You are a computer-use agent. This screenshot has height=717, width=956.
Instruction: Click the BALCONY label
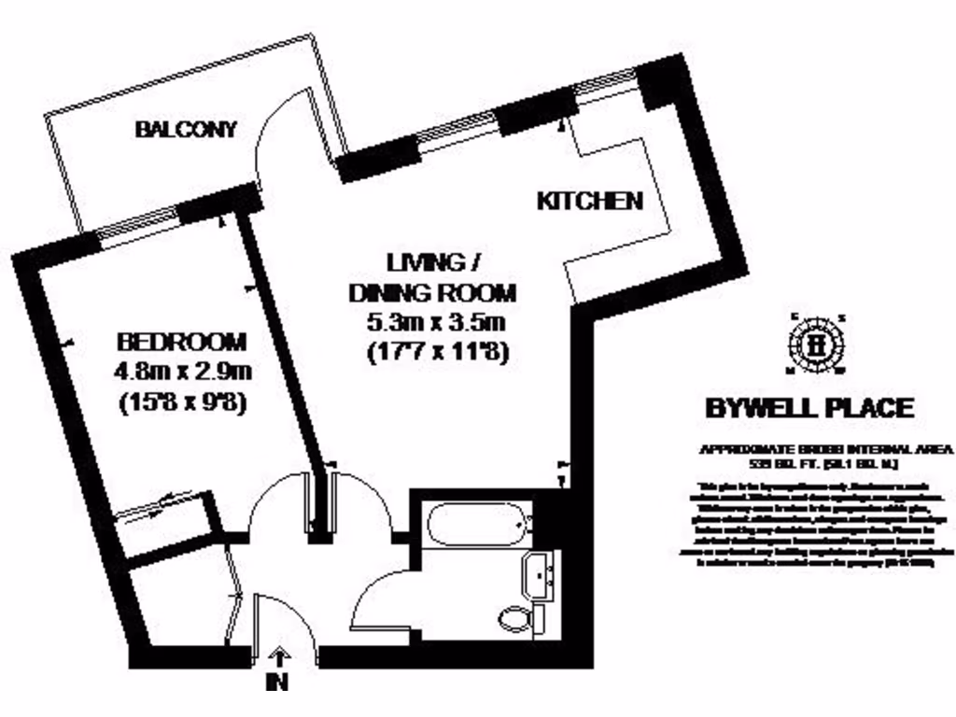[187, 129]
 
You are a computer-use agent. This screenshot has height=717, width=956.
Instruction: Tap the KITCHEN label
[590, 200]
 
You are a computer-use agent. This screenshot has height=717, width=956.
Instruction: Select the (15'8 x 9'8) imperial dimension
[183, 404]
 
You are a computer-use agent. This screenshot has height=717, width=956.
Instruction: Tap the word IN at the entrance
[277, 682]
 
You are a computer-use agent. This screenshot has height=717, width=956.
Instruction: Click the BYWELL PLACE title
[808, 408]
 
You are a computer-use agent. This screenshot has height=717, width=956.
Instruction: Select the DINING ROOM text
[432, 292]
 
